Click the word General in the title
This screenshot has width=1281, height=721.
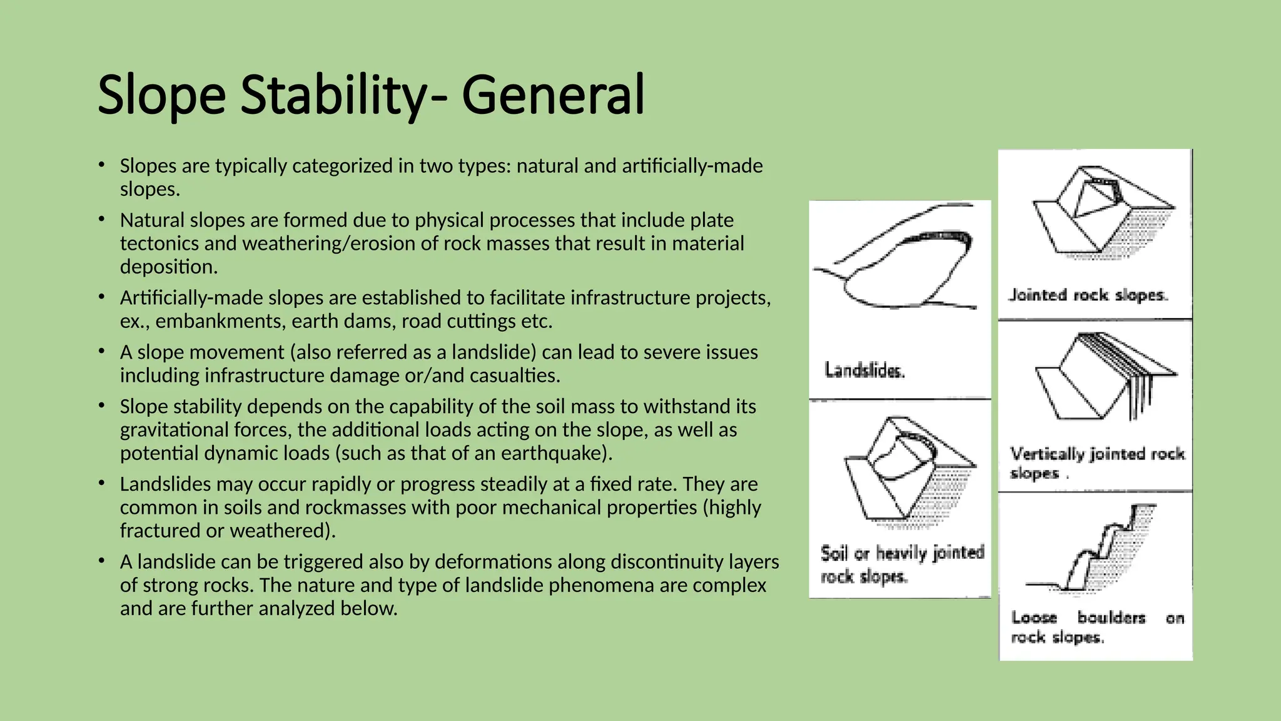pyautogui.click(x=553, y=95)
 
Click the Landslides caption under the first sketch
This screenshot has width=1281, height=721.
pyautogui.click(x=864, y=371)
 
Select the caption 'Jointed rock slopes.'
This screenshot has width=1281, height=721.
pyautogui.click(x=1088, y=295)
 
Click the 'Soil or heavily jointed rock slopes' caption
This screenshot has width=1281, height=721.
pyautogui.click(x=902, y=564)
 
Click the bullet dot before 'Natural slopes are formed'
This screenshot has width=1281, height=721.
pyautogui.click(x=101, y=220)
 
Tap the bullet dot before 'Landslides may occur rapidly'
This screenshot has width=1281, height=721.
pyautogui.click(x=101, y=484)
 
